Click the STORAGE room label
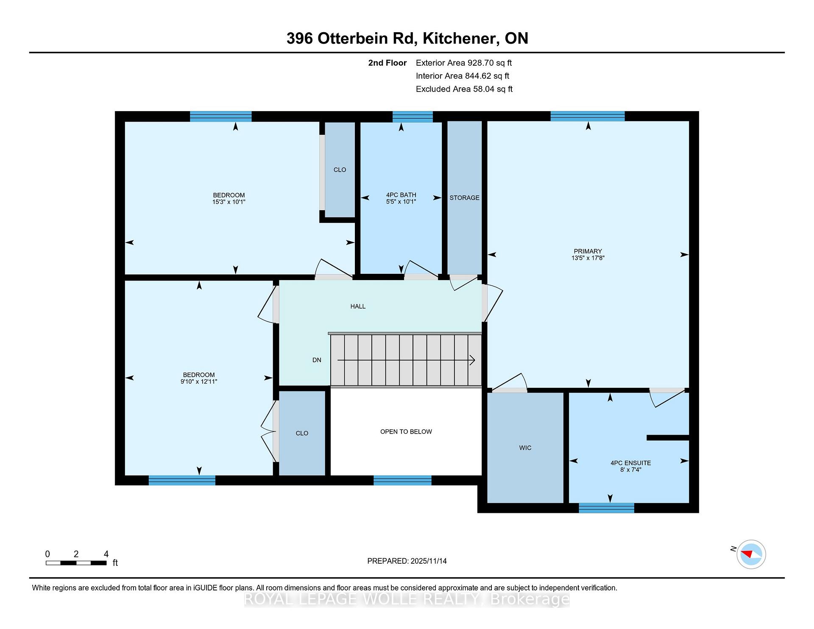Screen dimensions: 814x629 pyautogui.click(x=464, y=198)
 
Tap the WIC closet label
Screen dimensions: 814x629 pyautogui.click(x=525, y=448)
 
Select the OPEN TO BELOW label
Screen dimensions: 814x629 pyautogui.click(x=406, y=432)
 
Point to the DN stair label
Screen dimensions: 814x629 pyautogui.click(x=317, y=360)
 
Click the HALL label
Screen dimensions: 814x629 pyautogui.click(x=358, y=306)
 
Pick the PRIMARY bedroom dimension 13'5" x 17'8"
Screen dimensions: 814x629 pyautogui.click(x=588, y=258)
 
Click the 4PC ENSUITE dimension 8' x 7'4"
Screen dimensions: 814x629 pyautogui.click(x=630, y=470)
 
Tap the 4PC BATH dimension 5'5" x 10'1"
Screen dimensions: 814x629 pyautogui.click(x=401, y=202)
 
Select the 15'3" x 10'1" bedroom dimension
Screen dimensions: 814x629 pyautogui.click(x=229, y=202)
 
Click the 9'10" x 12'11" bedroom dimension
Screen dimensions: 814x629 pyautogui.click(x=199, y=381)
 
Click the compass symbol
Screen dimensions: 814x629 pyautogui.click(x=751, y=554)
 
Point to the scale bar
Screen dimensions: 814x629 pyautogui.click(x=76, y=563)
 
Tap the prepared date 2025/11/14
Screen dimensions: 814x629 pyautogui.click(x=429, y=561)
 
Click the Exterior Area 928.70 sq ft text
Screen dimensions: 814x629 pyautogui.click(x=464, y=63)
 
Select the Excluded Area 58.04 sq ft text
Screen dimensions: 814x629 pyautogui.click(x=464, y=89)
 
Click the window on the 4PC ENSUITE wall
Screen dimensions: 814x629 pyautogui.click(x=607, y=508)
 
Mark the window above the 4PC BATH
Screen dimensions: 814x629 pyautogui.click(x=413, y=117)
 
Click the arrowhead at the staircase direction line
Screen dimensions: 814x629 pyautogui.click(x=472, y=360)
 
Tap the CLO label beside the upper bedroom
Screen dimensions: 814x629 pyautogui.click(x=340, y=170)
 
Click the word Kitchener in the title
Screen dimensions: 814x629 pyautogui.click(x=460, y=39)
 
